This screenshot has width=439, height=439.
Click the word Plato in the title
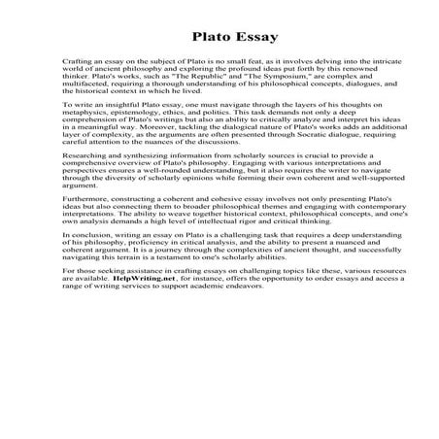point(194,38)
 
